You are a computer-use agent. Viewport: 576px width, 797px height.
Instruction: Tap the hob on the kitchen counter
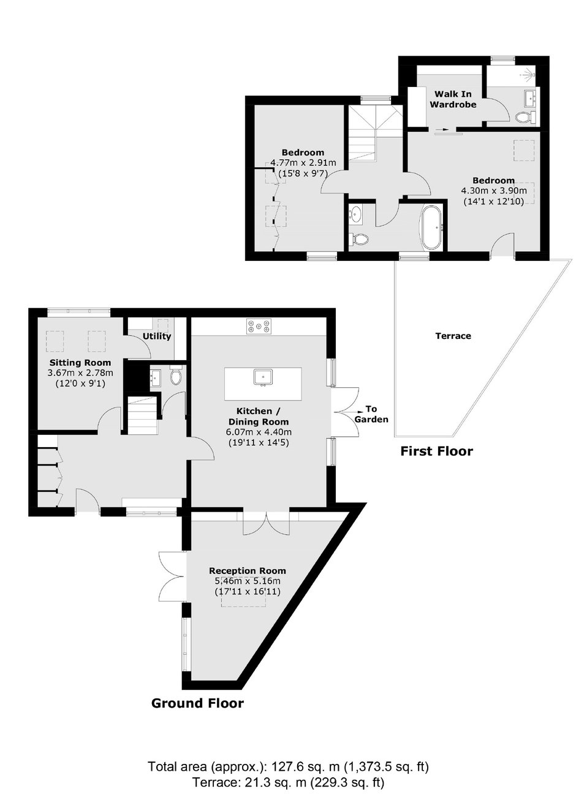click(259, 326)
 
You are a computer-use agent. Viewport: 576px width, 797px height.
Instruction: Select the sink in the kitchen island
click(263, 377)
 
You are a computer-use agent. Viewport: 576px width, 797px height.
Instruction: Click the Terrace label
click(453, 336)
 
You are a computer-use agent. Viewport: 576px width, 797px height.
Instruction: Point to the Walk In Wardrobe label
click(453, 99)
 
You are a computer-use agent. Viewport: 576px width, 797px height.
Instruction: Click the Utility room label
click(157, 336)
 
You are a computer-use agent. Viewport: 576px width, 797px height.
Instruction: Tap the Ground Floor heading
click(197, 703)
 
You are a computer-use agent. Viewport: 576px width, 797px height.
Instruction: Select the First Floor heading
click(437, 451)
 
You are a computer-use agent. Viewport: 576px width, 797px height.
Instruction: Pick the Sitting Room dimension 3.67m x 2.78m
click(80, 373)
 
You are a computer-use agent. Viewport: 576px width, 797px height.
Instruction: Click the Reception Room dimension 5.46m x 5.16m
click(248, 581)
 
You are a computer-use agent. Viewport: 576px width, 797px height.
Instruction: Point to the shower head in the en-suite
click(529, 75)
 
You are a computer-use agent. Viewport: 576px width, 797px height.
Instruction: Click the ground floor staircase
click(142, 415)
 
